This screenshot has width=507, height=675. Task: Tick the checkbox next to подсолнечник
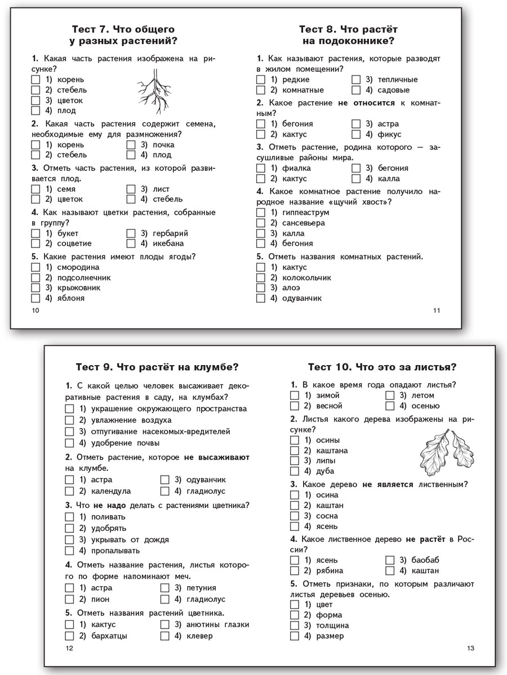tap(35, 277)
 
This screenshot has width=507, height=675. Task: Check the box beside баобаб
tap(390, 560)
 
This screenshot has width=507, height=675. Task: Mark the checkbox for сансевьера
tap(260, 223)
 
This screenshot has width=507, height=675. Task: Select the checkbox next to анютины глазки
tap(164, 624)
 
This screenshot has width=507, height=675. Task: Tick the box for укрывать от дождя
tap(69, 539)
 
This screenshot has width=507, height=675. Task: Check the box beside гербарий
tap(131, 233)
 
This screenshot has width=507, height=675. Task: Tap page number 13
tap(470, 649)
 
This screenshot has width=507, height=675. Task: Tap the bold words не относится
tap(367, 103)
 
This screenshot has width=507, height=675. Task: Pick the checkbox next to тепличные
tap(356, 79)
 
